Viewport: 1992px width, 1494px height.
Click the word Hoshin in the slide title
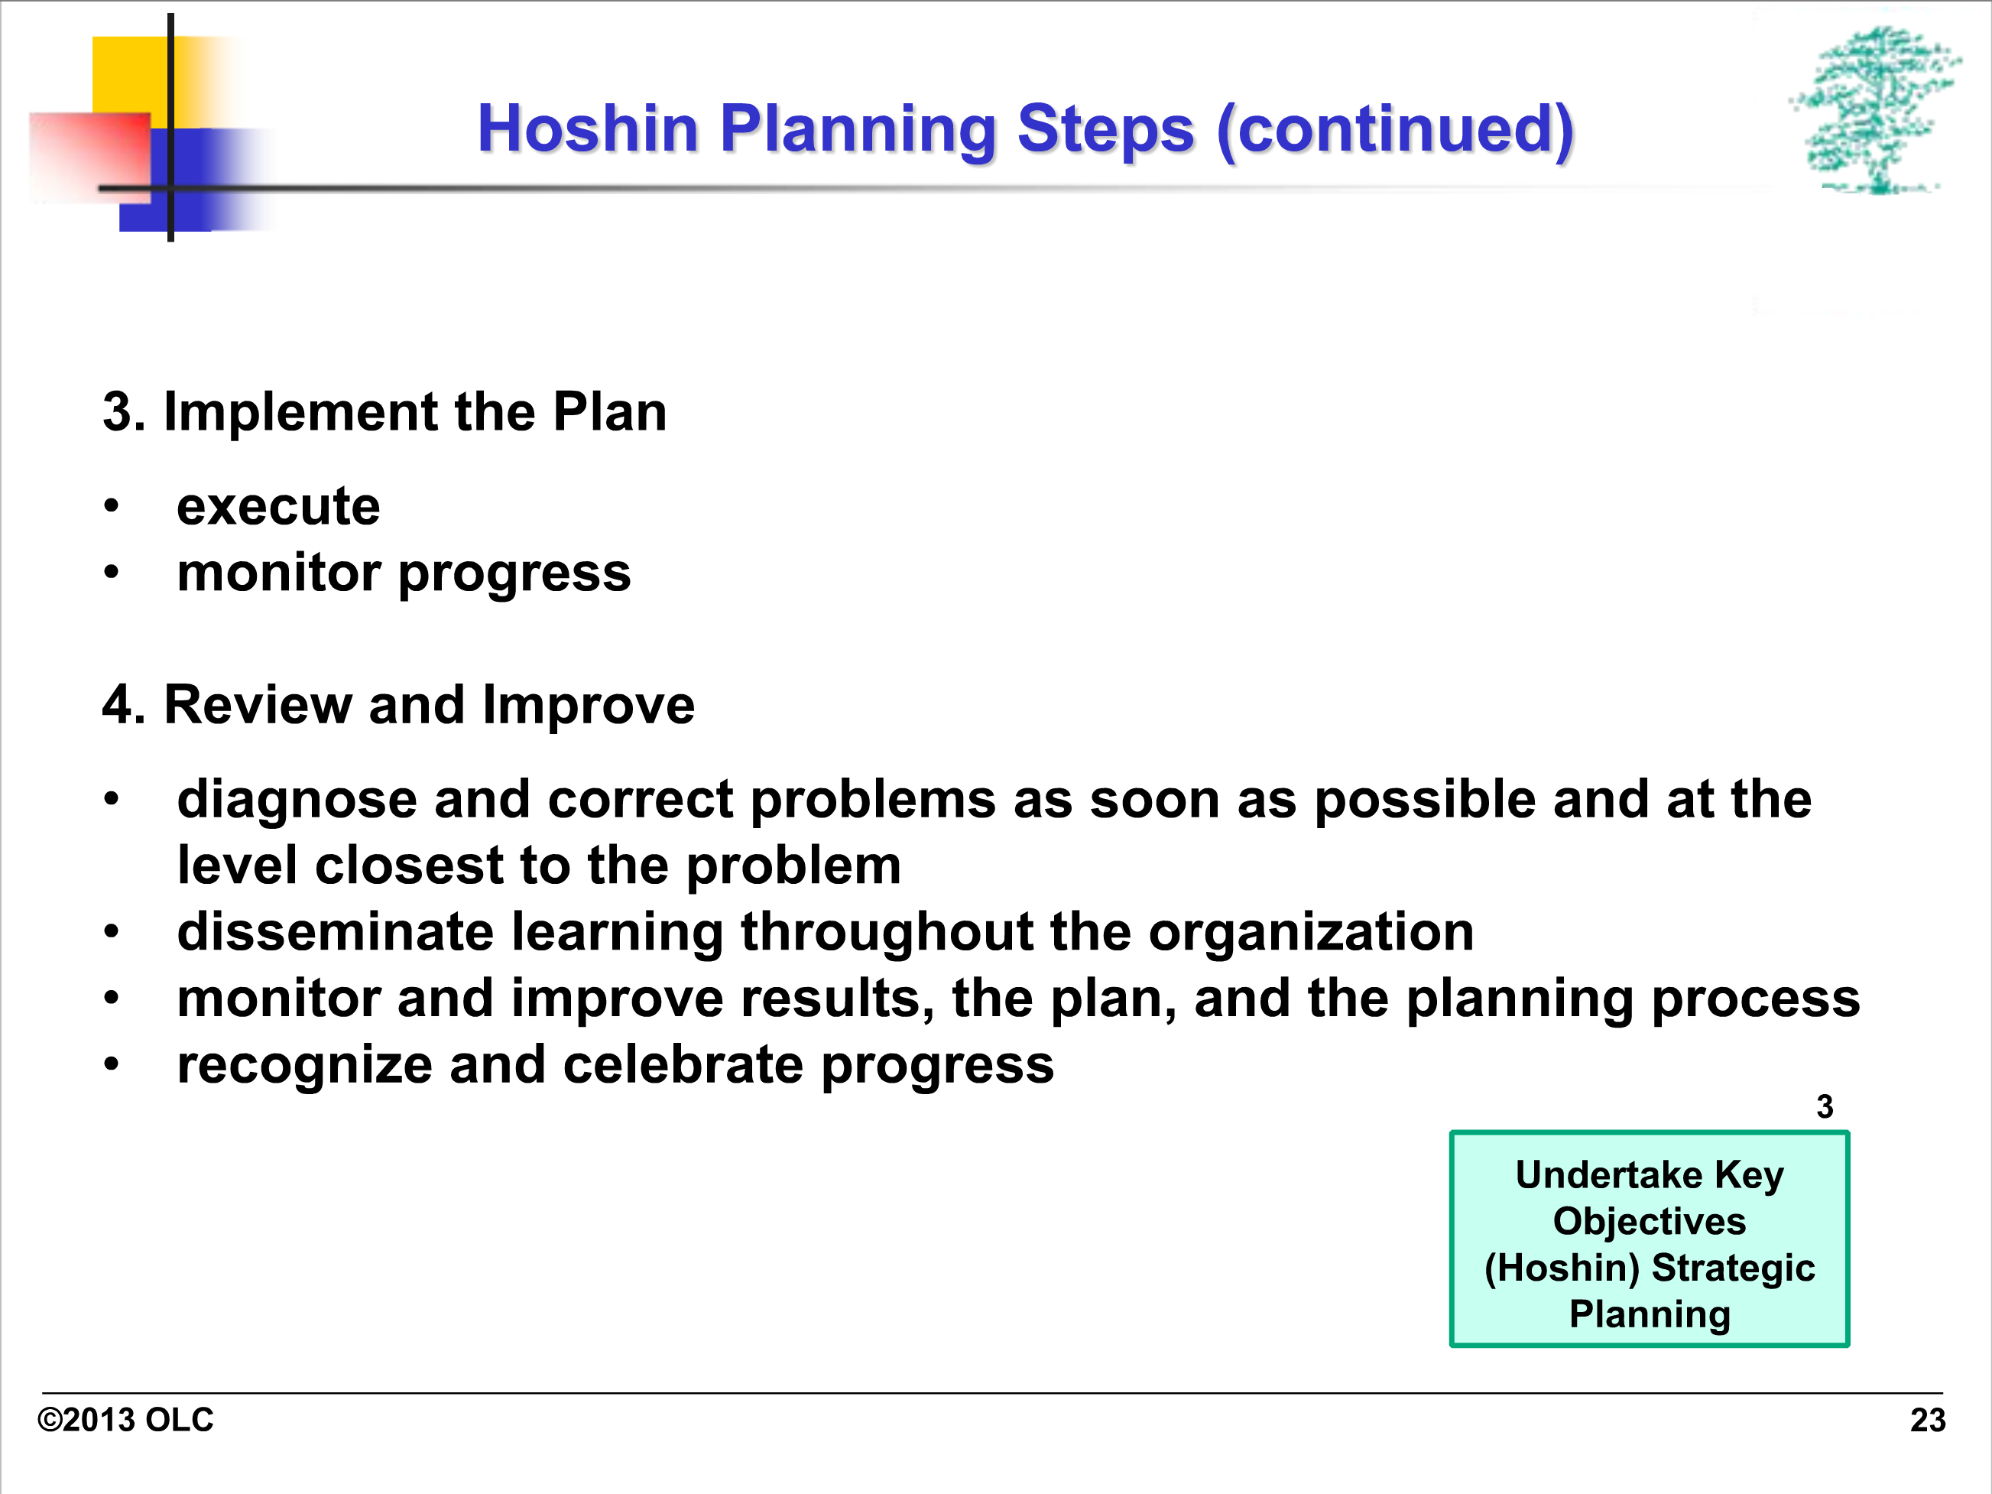click(588, 128)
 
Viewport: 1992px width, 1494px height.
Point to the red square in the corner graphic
click(90, 158)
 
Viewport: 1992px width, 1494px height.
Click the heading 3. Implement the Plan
click(384, 412)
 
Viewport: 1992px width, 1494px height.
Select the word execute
click(278, 507)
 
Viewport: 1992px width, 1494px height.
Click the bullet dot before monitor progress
click(111, 572)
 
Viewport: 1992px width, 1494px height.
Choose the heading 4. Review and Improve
click(398, 704)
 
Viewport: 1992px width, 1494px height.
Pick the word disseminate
click(335, 931)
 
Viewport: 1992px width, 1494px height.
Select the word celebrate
click(683, 1065)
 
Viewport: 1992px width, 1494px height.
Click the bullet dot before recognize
click(111, 1064)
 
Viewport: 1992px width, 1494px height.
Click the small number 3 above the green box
click(1825, 1106)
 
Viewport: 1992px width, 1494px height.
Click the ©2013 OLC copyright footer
click(125, 1420)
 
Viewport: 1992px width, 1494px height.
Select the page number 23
click(1928, 1420)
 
